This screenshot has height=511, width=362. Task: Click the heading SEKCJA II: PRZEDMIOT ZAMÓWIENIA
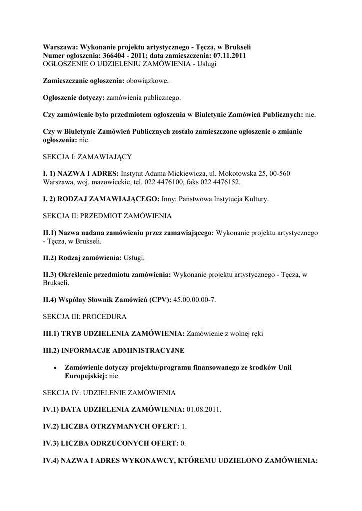point(107,216)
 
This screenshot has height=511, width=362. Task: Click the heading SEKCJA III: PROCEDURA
point(85,316)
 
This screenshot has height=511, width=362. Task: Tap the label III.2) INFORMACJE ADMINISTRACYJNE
point(114,350)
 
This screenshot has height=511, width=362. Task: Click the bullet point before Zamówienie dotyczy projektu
point(55,368)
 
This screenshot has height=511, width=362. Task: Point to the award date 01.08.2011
point(204,409)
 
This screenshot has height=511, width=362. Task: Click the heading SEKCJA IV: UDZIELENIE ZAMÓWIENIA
point(109,393)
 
